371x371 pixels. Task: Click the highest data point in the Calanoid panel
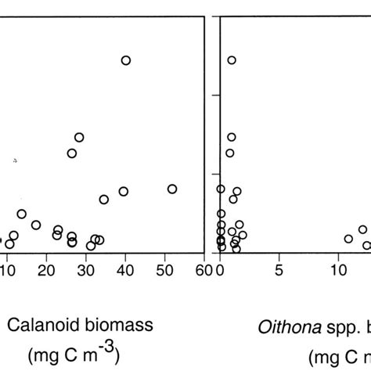coord(125,60)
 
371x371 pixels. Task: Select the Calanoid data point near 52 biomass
coord(172,189)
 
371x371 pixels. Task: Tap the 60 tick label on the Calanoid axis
coord(203,271)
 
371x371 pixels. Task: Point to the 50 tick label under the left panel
coord(164,271)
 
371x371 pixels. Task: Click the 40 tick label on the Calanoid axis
coord(125,271)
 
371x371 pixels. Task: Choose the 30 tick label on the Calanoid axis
coord(86,271)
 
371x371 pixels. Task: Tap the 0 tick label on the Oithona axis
coord(221,271)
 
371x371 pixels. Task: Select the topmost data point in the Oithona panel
coord(232,60)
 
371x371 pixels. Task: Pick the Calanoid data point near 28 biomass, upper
coord(79,138)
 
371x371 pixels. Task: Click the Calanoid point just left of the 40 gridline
coord(123,192)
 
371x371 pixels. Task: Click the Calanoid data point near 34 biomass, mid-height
coord(104,200)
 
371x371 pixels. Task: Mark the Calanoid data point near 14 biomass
coord(22,214)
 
